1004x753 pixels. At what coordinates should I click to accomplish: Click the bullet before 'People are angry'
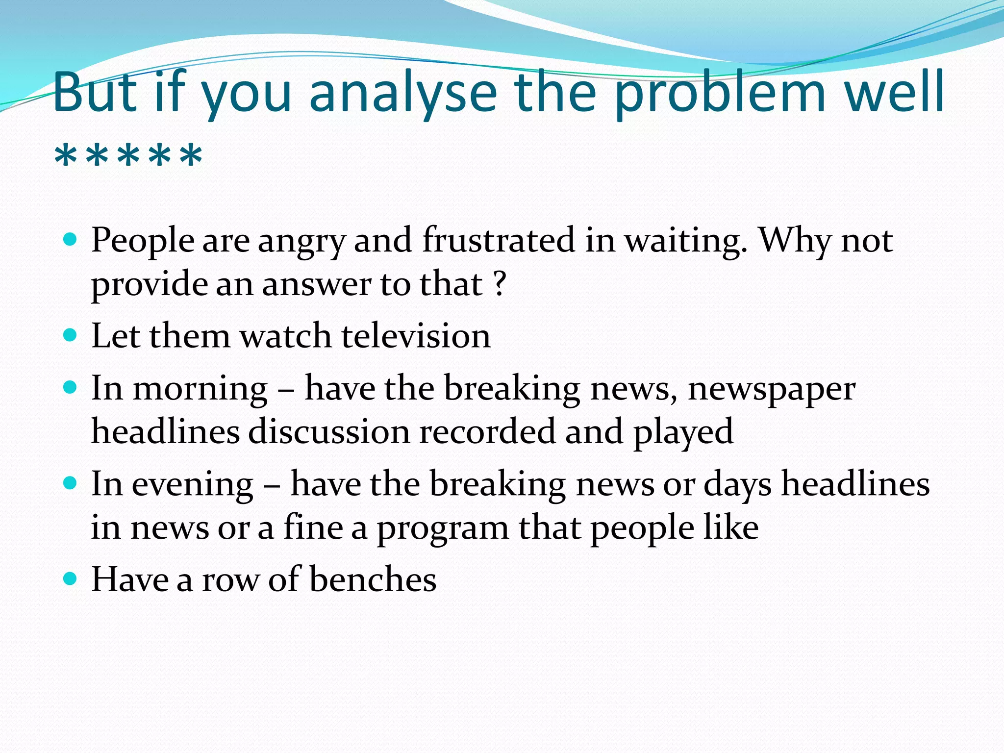click(x=71, y=240)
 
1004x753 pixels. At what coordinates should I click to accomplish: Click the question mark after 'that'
click(x=500, y=284)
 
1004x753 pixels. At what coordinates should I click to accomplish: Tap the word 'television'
click(x=416, y=336)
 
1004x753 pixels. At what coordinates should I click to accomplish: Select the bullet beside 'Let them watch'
click(x=71, y=335)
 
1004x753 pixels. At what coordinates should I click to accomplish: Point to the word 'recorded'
click(x=487, y=431)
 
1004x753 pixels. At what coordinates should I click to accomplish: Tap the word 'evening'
click(x=193, y=485)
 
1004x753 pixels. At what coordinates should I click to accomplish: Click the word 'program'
click(x=442, y=528)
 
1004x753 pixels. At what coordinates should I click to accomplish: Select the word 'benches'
click(x=373, y=579)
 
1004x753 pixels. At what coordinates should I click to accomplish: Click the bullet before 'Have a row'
click(x=71, y=579)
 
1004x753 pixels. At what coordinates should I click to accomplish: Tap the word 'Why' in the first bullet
click(x=795, y=240)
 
